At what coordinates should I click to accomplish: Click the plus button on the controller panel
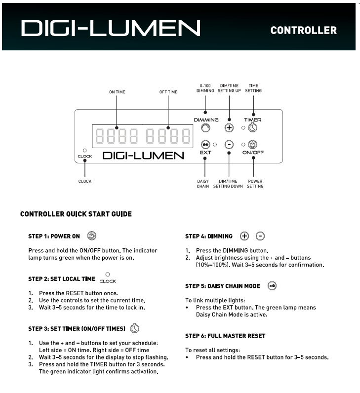click(x=229, y=127)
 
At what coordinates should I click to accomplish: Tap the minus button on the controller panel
click(x=229, y=145)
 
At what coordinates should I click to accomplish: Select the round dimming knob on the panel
click(x=205, y=128)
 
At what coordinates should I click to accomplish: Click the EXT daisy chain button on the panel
click(x=205, y=145)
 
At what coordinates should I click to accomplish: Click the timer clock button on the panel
click(x=252, y=128)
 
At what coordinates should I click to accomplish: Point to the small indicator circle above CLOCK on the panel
click(x=85, y=150)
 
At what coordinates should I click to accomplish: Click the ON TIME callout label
click(x=117, y=92)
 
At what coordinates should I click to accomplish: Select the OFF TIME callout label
click(x=168, y=92)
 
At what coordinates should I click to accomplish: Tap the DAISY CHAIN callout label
click(x=203, y=184)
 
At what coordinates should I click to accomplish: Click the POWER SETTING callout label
click(x=255, y=184)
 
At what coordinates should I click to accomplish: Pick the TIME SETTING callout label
click(x=254, y=88)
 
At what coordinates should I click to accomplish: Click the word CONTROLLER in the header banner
click(x=304, y=31)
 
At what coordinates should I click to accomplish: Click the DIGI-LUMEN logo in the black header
click(x=110, y=28)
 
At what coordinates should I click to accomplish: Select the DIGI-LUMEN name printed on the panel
click(x=143, y=156)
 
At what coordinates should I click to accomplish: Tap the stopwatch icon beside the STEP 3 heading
click(x=135, y=328)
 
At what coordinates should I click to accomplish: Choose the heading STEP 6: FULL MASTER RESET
click(x=225, y=336)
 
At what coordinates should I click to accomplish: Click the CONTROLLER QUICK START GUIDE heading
click(x=76, y=214)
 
